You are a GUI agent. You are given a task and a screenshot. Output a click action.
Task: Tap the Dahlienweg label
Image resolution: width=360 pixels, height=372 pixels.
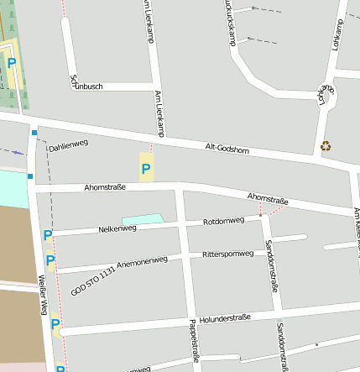[68, 144]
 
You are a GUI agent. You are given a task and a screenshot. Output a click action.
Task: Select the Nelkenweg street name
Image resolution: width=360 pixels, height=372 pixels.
[117, 228]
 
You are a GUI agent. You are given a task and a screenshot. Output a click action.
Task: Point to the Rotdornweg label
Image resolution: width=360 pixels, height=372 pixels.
[223, 221]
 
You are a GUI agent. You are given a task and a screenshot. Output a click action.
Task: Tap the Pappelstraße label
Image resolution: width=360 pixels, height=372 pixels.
[196, 345]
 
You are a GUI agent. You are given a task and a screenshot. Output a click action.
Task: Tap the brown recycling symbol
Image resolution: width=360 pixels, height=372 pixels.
[326, 146]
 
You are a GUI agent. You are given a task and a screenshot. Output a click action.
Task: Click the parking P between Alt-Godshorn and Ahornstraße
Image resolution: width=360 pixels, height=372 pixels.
[146, 170]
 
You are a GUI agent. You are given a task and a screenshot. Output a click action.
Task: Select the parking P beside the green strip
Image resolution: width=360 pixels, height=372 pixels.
[12, 62]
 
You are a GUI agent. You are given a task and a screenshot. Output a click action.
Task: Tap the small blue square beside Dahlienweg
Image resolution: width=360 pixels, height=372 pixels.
[34, 133]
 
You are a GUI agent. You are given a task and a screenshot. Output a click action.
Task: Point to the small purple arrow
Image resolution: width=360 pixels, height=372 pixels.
[18, 152]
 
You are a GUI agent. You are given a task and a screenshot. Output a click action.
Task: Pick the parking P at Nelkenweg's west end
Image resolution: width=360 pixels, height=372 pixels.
[47, 236]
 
